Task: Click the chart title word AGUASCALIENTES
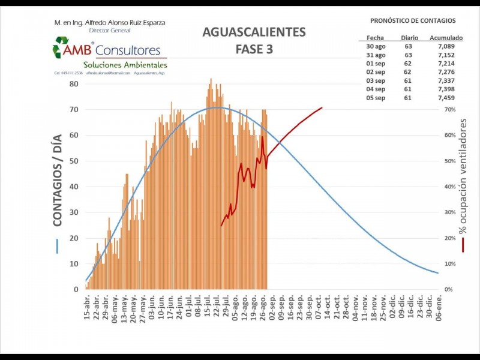(254, 32)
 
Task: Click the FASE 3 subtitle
(254, 49)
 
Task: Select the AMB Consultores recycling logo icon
(61, 47)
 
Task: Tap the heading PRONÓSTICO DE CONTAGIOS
(413, 21)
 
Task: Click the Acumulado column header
(446, 38)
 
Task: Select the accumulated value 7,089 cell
(446, 46)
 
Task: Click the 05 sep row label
(375, 98)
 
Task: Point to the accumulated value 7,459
(446, 98)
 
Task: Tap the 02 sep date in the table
(375, 72)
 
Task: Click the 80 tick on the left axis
(73, 84)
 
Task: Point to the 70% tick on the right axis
(449, 110)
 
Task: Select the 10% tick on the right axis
(449, 264)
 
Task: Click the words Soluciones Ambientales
(125, 65)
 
